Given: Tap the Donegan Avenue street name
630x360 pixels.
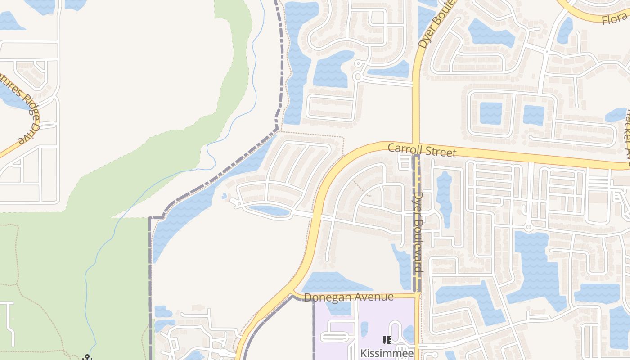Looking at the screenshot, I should click(x=349, y=297).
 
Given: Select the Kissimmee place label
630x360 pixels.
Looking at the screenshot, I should click(x=387, y=353).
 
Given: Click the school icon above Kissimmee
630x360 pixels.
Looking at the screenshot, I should click(x=387, y=341).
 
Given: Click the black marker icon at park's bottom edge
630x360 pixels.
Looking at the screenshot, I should click(x=87, y=357).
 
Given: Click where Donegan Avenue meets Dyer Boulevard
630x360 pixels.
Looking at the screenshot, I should click(x=417, y=295).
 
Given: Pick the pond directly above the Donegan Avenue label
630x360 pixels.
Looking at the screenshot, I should click(x=333, y=283).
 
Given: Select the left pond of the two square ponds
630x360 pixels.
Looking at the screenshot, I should click(x=490, y=113).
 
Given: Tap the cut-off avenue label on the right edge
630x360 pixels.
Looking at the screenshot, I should click(x=626, y=135).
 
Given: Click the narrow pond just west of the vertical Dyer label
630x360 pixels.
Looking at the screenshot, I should click(x=403, y=265).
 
